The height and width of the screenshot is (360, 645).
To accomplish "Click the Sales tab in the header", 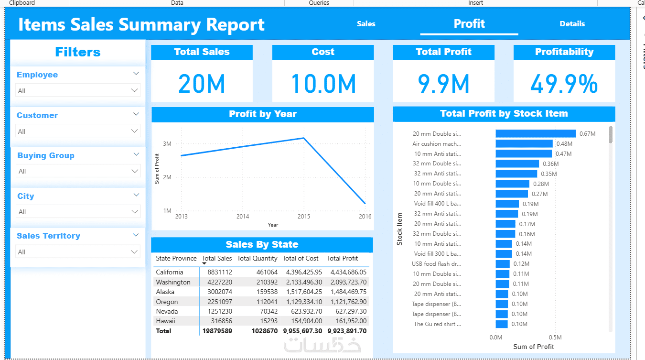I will tap(366, 24).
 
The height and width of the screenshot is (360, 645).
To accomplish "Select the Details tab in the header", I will tap(572, 24).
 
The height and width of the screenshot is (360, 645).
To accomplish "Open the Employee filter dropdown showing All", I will tap(78, 90).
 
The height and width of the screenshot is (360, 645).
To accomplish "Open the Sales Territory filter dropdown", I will tap(78, 251).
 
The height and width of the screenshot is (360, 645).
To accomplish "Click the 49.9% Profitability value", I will tap(564, 84).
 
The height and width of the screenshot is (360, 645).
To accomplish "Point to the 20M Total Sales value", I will tap(202, 84).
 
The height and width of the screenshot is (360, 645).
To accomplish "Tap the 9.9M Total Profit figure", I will tap(443, 84).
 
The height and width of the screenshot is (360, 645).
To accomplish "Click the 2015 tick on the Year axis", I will tap(304, 217).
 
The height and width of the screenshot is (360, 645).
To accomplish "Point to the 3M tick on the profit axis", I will tap(167, 144).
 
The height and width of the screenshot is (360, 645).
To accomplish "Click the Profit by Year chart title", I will tap(262, 114).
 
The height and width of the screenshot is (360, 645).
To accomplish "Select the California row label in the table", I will tap(170, 272).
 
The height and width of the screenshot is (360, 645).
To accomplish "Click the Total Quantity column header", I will tap(257, 259).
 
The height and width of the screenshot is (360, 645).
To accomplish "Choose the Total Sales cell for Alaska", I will tap(220, 292).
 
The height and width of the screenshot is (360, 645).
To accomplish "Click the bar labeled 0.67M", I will tap(536, 134).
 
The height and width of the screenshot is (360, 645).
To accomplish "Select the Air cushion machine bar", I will tap(524, 143).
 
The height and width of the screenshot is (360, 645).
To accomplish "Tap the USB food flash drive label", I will tap(436, 264).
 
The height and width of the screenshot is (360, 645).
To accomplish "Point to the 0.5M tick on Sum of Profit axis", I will tap(555, 338).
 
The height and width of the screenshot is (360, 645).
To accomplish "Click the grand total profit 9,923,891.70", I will tap(347, 331).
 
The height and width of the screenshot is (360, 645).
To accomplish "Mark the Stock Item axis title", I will tap(400, 229).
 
